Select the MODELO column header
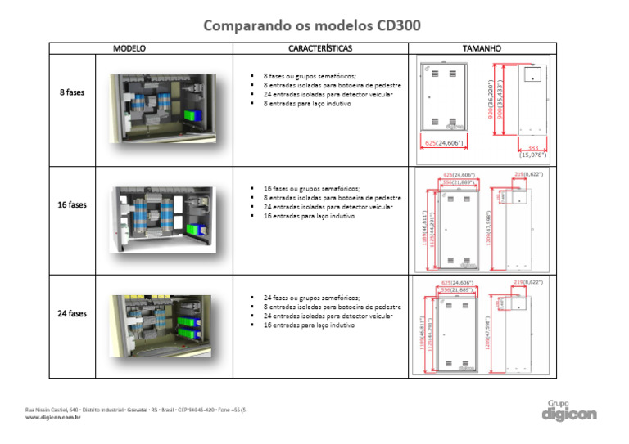(129, 48)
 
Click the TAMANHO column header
(482, 48)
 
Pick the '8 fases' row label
(72, 92)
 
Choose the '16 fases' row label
(72, 205)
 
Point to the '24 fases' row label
(72, 313)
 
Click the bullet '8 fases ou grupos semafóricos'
(310, 75)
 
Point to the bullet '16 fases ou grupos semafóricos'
(311, 188)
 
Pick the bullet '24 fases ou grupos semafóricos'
(311, 298)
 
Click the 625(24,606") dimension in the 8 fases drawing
(444, 143)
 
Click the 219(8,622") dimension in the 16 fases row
(528, 174)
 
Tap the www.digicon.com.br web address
(53, 417)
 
